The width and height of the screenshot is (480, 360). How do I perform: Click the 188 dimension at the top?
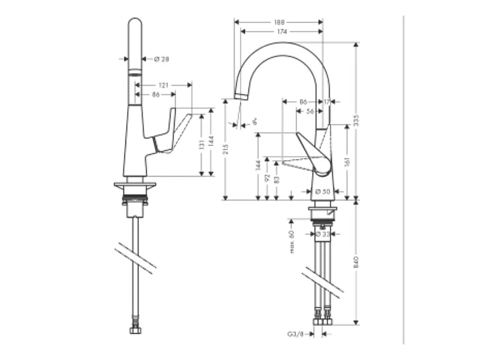[278, 22]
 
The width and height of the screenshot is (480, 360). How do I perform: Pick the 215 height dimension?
[226, 149]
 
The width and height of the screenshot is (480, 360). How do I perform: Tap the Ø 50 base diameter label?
[323, 191]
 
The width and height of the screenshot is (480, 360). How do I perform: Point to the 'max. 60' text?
[292, 242]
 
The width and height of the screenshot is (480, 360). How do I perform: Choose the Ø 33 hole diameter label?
[323, 235]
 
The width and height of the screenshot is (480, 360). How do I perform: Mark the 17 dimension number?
[327, 102]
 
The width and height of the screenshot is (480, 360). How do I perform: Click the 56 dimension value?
[310, 111]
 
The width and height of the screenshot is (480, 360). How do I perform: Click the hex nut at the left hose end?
[136, 329]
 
